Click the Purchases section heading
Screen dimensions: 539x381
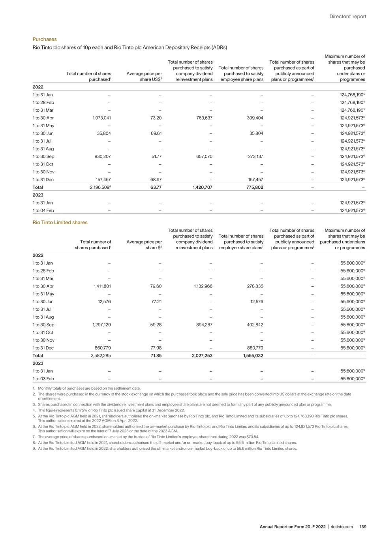[x=45, y=39]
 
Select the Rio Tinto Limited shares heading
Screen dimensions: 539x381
[x=60, y=222]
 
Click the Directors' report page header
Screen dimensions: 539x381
[x=348, y=17]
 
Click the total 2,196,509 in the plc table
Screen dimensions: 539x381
[x=100, y=188]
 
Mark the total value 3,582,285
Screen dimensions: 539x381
[x=101, y=356]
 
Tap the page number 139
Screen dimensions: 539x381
[x=363, y=527]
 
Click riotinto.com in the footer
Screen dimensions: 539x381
[x=342, y=527]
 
